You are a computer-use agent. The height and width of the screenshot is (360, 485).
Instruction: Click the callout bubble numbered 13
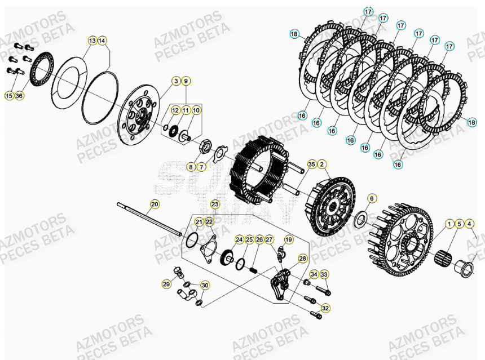tap(92, 41)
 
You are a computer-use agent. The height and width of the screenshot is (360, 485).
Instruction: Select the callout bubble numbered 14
tap(102, 41)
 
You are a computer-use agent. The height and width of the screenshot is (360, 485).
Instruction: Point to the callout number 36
tap(19, 96)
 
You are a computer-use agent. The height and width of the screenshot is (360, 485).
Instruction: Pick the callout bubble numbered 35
tap(311, 165)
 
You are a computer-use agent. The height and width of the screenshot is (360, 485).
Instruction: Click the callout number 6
tap(372, 198)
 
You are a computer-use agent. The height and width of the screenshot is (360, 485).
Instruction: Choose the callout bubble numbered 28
tap(303, 258)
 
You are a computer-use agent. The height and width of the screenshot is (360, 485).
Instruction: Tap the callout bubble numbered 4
tap(470, 224)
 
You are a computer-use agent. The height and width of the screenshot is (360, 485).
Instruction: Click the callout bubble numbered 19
tap(288, 239)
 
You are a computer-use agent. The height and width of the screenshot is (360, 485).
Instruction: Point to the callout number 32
tap(325, 308)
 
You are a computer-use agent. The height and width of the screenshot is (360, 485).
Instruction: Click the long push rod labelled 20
tap(149, 218)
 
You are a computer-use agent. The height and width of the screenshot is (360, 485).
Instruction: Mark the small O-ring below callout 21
tap(192, 240)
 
